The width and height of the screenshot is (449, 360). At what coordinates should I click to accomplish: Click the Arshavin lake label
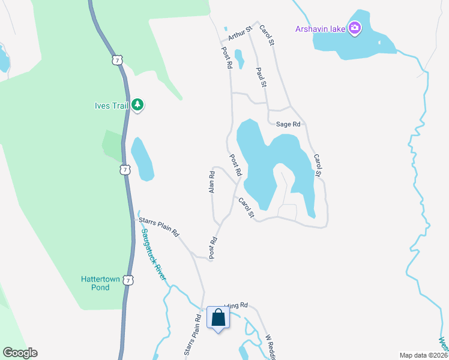pos(320,28)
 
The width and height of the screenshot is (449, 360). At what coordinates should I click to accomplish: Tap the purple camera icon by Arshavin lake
pos(355,28)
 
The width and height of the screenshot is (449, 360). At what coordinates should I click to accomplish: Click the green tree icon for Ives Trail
pos(138,105)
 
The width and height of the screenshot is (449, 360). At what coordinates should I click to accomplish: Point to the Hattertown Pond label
pos(96,283)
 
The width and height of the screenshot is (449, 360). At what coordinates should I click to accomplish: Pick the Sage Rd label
pos(288,124)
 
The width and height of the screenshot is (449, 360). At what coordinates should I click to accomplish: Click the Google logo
pos(20,353)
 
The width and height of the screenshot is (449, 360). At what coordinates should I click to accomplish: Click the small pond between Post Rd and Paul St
pos(240,58)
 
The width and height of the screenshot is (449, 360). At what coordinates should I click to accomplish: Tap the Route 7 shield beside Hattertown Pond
pos(128,280)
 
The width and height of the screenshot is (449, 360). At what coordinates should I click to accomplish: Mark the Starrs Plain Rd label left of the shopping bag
pos(190,336)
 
